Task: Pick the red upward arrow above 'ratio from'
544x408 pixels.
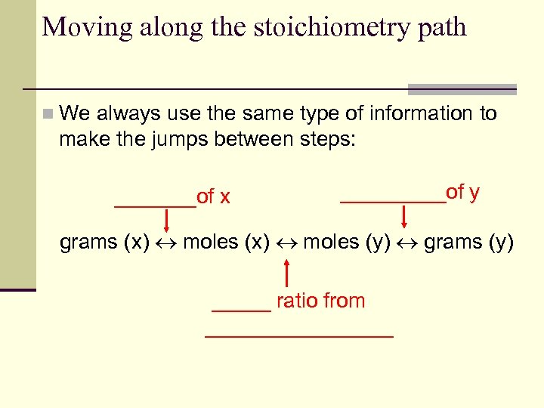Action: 287,273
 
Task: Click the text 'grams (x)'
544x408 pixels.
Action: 104,243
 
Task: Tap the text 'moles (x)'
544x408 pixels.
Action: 226,243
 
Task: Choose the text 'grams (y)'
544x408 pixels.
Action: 468,243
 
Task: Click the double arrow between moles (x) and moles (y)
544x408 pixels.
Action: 286,243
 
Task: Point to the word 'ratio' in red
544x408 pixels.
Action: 295,301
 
